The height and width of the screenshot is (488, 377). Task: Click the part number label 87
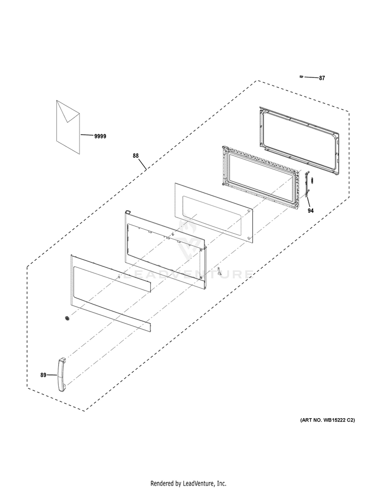(x=322, y=78)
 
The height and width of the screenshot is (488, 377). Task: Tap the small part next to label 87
(x=301, y=77)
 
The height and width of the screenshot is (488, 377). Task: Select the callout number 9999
(x=100, y=136)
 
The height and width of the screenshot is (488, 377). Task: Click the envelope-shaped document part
(x=68, y=126)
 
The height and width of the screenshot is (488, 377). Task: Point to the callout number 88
(x=136, y=156)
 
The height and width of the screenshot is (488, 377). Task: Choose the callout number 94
(x=311, y=211)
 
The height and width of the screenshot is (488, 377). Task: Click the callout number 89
(x=43, y=374)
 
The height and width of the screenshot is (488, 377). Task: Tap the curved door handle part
(x=61, y=374)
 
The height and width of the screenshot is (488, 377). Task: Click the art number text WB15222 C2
(x=327, y=420)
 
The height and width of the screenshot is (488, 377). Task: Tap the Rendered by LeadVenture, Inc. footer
(x=189, y=483)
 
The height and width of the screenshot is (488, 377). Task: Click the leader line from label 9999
(x=86, y=135)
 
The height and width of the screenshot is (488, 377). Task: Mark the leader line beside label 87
(x=311, y=78)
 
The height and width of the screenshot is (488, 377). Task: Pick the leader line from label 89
(x=52, y=375)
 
